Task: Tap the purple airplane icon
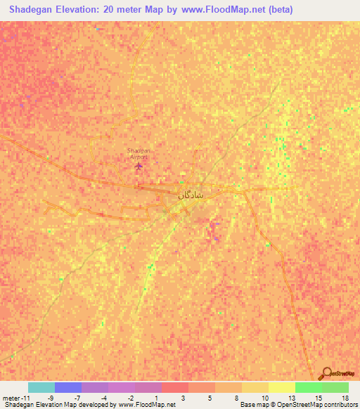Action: [139, 167]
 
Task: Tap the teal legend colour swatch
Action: [41, 387]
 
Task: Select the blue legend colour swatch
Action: [68, 387]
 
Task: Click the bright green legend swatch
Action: [309, 387]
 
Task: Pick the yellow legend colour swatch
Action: [282, 387]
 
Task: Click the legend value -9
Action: [50, 397]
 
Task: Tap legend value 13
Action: [290, 397]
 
